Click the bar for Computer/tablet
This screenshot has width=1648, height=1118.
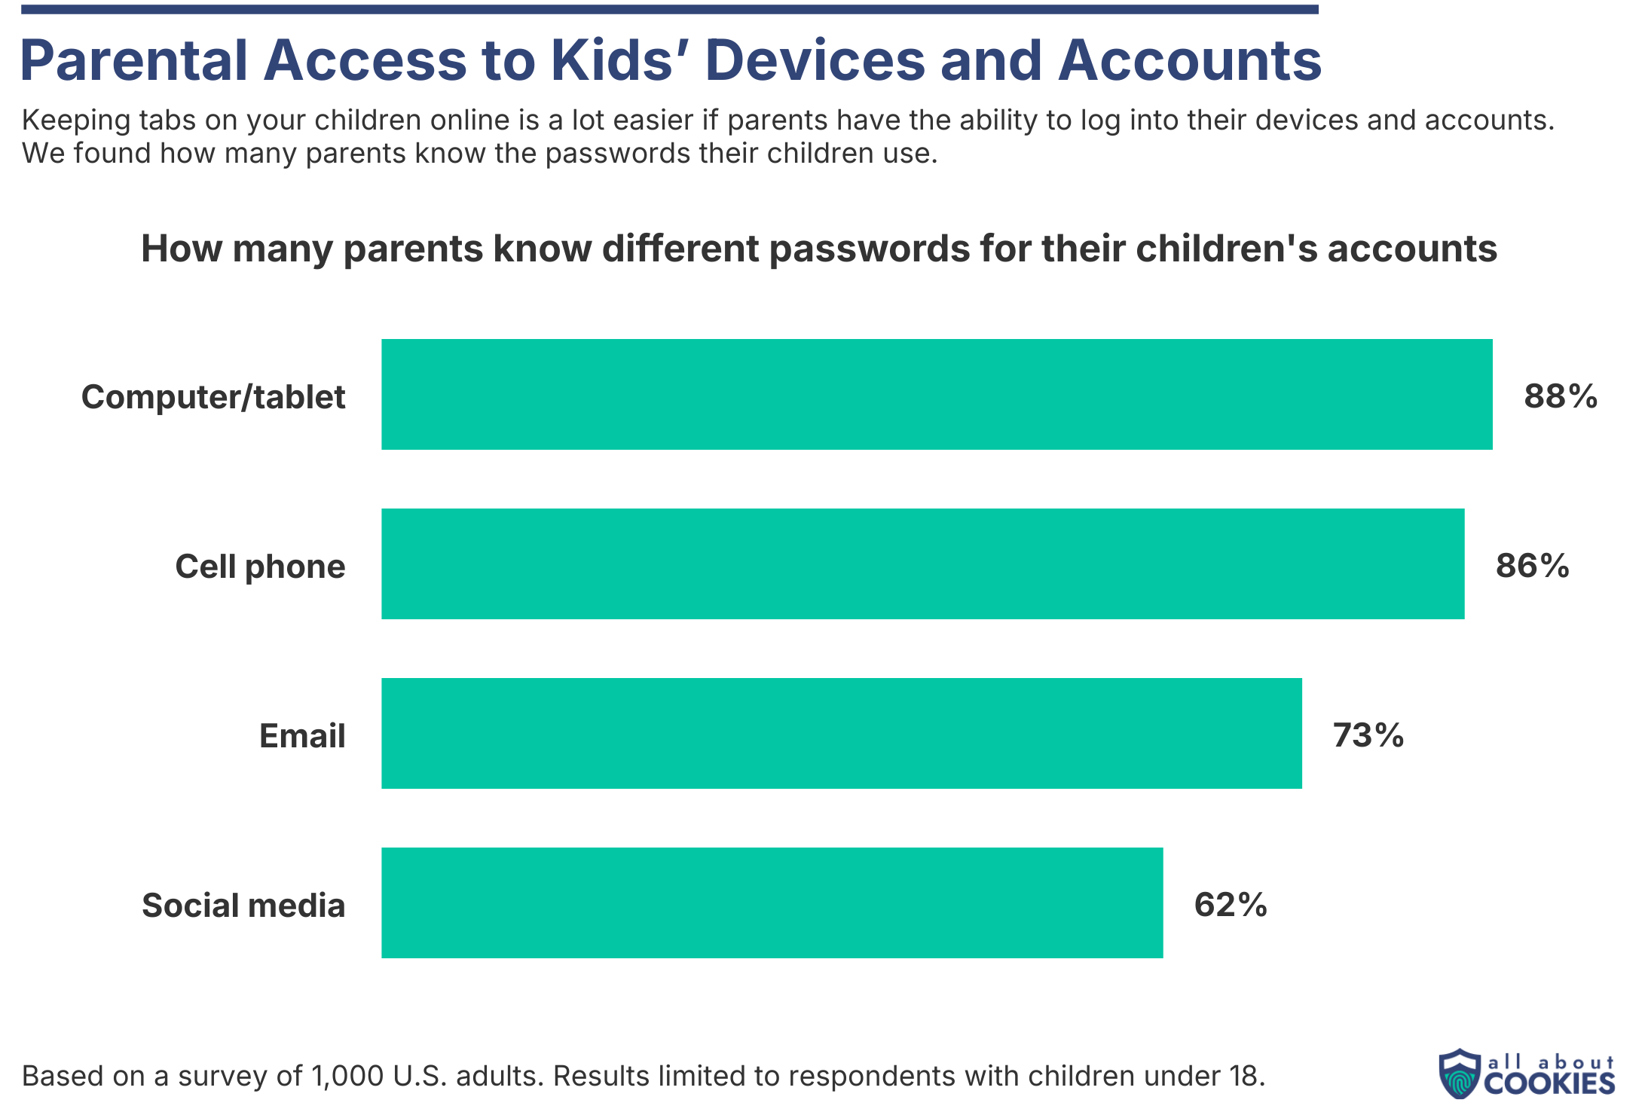[x=937, y=394]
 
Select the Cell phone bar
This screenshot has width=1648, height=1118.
[x=922, y=564]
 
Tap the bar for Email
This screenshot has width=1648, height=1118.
[x=841, y=733]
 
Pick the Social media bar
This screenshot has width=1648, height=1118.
[x=772, y=903]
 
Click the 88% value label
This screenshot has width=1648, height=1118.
[x=1561, y=396]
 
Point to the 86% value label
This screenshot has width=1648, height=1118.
[x=1532, y=566]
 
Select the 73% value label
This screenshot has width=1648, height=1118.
[x=1368, y=735]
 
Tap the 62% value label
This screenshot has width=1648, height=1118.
[x=1231, y=905]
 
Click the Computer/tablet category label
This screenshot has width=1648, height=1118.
[x=213, y=397]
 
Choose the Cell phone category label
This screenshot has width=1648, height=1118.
[x=260, y=567]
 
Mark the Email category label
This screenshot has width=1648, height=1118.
[x=302, y=736]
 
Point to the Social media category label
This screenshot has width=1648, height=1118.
[x=243, y=906]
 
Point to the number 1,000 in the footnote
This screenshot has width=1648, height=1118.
[x=344, y=1076]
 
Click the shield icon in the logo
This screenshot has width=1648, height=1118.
[x=1459, y=1074]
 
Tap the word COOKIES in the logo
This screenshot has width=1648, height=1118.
[x=1549, y=1083]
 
